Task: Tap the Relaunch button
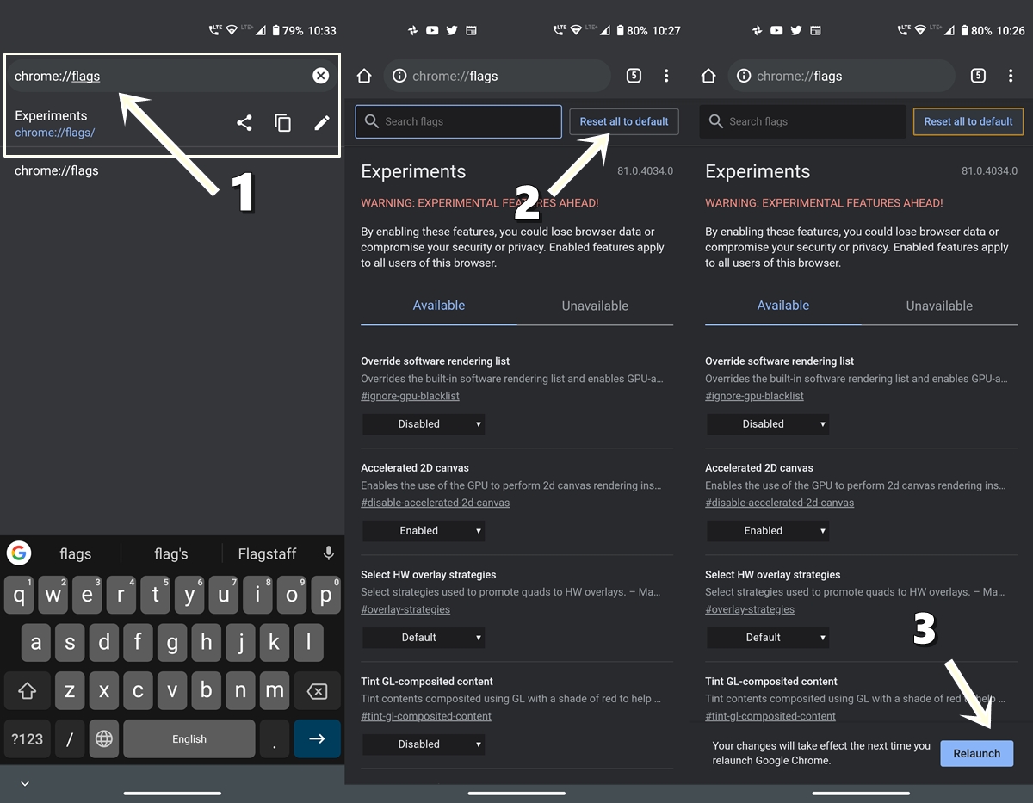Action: [976, 753]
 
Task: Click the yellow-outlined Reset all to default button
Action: [968, 121]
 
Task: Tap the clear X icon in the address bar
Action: [321, 76]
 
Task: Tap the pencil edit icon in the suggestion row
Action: [322, 122]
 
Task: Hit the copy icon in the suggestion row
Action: [283, 122]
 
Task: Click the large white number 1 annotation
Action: [244, 192]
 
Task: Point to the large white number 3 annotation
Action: [925, 628]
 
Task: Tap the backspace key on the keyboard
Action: [317, 691]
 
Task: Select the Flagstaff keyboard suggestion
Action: [267, 553]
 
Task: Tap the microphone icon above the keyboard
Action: [329, 553]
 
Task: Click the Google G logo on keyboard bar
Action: [19, 553]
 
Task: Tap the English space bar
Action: [189, 738]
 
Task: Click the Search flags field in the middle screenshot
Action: [458, 121]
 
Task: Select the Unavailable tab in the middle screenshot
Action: [595, 306]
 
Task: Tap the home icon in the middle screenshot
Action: [364, 76]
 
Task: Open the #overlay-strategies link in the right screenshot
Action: [750, 609]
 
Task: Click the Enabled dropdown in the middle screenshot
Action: [424, 531]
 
